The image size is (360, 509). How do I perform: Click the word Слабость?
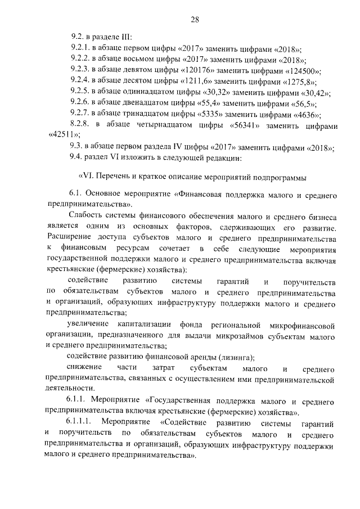pyautogui.click(x=85, y=217)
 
